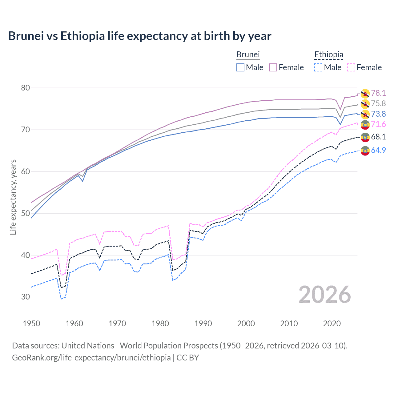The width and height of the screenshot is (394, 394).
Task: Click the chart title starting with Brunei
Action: coord(140,36)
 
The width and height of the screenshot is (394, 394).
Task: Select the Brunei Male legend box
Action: coord(240,67)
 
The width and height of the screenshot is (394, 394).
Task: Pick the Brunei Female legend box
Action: coord(273,67)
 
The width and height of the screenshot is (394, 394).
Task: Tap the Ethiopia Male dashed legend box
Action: coord(318,67)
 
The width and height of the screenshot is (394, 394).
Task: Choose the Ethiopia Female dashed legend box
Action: coord(351,67)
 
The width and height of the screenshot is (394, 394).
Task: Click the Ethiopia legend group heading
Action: coord(329,55)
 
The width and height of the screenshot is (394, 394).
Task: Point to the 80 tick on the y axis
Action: coord(26,88)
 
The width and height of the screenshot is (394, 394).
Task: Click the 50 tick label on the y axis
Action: coord(26,213)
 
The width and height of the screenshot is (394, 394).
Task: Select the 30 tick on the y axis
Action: coord(26,297)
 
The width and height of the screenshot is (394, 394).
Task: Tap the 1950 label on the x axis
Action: coord(31,324)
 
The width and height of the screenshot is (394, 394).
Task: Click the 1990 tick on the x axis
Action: coord(203,324)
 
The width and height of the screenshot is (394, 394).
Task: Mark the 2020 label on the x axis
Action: coord(332,324)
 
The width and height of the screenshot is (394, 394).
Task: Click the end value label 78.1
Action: coord(378,93)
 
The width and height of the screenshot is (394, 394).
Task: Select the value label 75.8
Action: coord(378,103)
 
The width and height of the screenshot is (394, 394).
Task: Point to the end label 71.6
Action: coord(378,124)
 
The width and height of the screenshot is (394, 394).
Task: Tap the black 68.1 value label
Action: coord(378,137)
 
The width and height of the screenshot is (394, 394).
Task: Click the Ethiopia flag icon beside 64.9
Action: coord(365,151)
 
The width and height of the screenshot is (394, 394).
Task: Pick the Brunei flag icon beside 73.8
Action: coord(365,115)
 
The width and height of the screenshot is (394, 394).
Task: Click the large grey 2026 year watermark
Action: coord(325,295)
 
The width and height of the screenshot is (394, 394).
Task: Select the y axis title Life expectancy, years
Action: coord(13,197)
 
